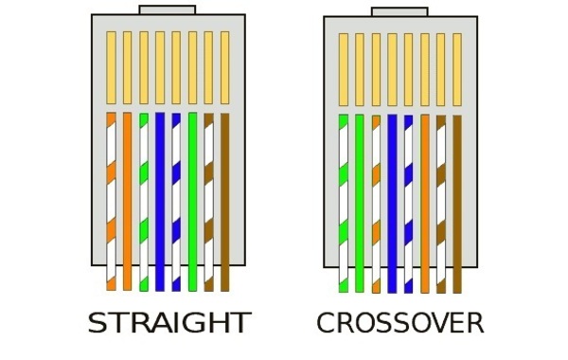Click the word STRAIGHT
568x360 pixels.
click(169, 323)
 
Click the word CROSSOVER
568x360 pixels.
click(400, 323)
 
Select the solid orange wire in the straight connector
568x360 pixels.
click(127, 201)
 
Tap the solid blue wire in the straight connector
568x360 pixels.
click(160, 201)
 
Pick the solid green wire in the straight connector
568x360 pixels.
click(192, 201)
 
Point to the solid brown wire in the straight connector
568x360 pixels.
click(225, 202)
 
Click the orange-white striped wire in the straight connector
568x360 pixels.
click(111, 201)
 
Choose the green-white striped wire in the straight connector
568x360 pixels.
click(144, 202)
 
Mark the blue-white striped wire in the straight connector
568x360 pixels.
click(176, 202)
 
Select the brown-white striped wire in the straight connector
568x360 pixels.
click(208, 202)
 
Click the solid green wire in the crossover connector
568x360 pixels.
click(360, 204)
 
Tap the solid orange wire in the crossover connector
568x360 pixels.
click(425, 204)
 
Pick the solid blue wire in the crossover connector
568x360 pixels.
click(392, 204)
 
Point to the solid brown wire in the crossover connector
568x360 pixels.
click(457, 204)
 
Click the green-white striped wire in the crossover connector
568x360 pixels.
click(344, 203)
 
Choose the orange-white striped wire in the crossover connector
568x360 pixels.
click(377, 204)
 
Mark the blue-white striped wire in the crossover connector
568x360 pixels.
click(408, 204)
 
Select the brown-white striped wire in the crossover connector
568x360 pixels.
click(441, 204)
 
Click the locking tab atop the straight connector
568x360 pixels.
click(168, 9)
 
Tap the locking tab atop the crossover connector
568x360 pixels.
click(399, 12)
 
